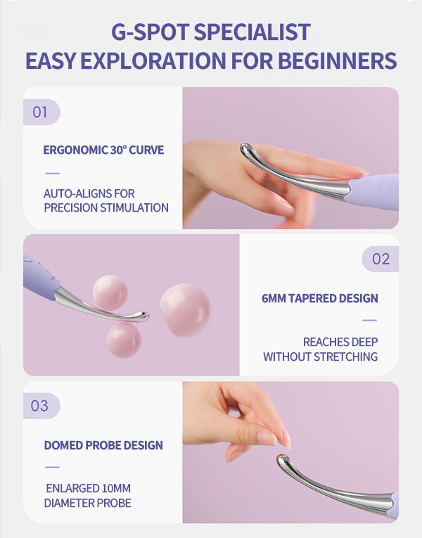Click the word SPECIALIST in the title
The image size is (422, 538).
252,32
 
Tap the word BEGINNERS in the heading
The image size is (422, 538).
338,60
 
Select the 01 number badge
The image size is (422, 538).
41,113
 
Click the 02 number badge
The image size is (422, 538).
380,259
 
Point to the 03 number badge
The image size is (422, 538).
41,406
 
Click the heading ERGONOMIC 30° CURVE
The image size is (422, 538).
103,150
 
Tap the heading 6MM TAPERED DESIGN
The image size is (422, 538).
320,298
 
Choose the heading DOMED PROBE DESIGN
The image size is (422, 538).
103,445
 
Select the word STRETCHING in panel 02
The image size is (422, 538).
345,357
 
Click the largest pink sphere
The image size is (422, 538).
185,310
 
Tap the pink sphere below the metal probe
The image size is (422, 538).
124,340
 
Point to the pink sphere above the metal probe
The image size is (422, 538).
110,293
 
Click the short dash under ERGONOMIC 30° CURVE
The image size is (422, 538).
53,173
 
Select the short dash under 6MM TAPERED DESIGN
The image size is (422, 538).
369,320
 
